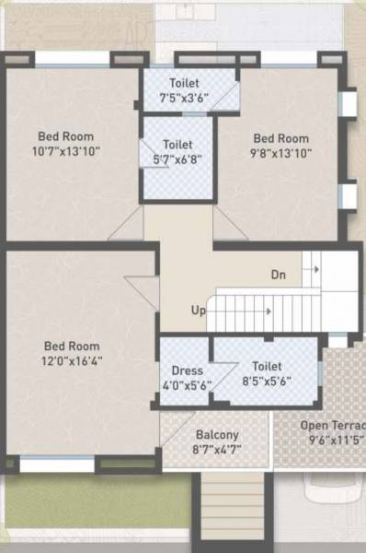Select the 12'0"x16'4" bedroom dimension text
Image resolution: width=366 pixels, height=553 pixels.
73,360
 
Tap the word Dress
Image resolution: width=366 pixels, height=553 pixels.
187,371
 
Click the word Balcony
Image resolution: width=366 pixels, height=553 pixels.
217,435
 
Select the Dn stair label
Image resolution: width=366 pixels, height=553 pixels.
279,275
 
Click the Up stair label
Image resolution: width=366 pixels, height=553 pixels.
198,311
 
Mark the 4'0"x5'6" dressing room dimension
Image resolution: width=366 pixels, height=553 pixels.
187,385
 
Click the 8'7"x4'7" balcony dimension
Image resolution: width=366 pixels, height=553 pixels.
217,449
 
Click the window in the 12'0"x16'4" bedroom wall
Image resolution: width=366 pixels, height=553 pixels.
56,465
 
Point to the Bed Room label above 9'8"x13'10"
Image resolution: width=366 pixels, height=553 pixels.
281,138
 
